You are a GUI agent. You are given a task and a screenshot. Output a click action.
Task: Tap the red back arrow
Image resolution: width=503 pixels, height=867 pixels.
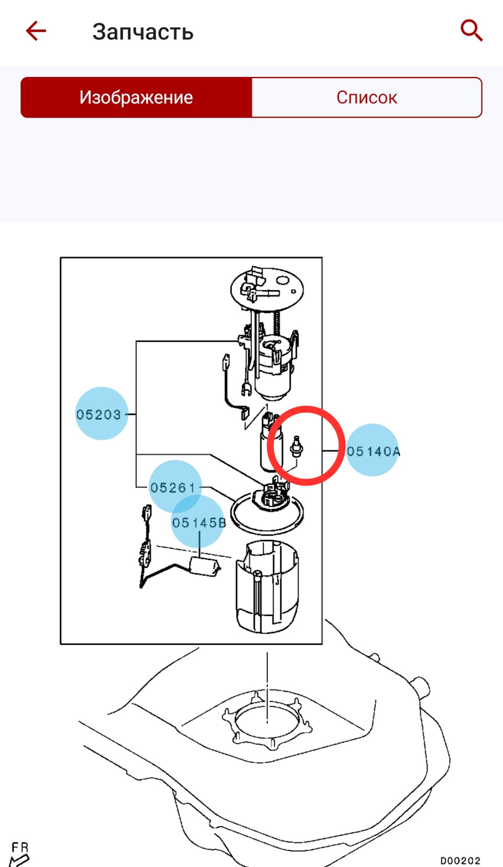(x=36, y=30)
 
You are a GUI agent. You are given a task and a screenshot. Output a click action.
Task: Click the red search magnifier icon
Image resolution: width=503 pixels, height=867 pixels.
(x=471, y=30)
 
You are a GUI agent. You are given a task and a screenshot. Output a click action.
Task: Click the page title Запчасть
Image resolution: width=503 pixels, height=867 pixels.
(x=143, y=32)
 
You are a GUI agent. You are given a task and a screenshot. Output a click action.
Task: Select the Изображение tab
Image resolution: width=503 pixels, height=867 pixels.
(x=136, y=97)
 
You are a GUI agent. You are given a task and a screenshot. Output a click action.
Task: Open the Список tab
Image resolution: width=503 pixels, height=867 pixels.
(x=367, y=97)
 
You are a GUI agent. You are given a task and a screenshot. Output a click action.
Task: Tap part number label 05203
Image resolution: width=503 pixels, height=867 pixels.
(x=99, y=415)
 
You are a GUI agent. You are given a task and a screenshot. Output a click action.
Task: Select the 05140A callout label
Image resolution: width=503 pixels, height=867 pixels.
(x=373, y=451)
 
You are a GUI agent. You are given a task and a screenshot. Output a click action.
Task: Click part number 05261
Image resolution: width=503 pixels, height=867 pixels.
(x=173, y=487)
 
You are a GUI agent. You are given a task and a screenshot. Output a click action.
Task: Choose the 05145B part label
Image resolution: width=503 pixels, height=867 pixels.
(x=199, y=523)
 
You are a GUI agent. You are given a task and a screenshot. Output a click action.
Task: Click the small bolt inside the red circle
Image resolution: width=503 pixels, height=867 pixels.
(x=297, y=447)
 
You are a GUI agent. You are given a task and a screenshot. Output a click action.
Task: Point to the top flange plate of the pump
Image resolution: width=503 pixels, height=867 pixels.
(x=267, y=289)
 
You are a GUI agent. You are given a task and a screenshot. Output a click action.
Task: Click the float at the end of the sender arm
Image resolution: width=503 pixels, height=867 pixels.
(x=204, y=567)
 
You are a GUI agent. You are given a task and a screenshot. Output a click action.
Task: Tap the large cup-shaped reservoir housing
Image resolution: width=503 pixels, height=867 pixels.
(x=267, y=587)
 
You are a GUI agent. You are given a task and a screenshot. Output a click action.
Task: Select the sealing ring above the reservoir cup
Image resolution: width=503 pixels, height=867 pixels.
(x=267, y=513)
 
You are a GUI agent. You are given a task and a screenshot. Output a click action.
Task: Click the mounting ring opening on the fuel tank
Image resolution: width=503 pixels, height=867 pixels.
(x=267, y=719)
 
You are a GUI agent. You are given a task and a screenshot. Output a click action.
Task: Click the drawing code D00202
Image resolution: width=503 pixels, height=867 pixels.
(x=460, y=860)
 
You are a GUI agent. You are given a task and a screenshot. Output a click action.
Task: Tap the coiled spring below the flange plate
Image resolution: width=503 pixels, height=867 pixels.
(x=276, y=323)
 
